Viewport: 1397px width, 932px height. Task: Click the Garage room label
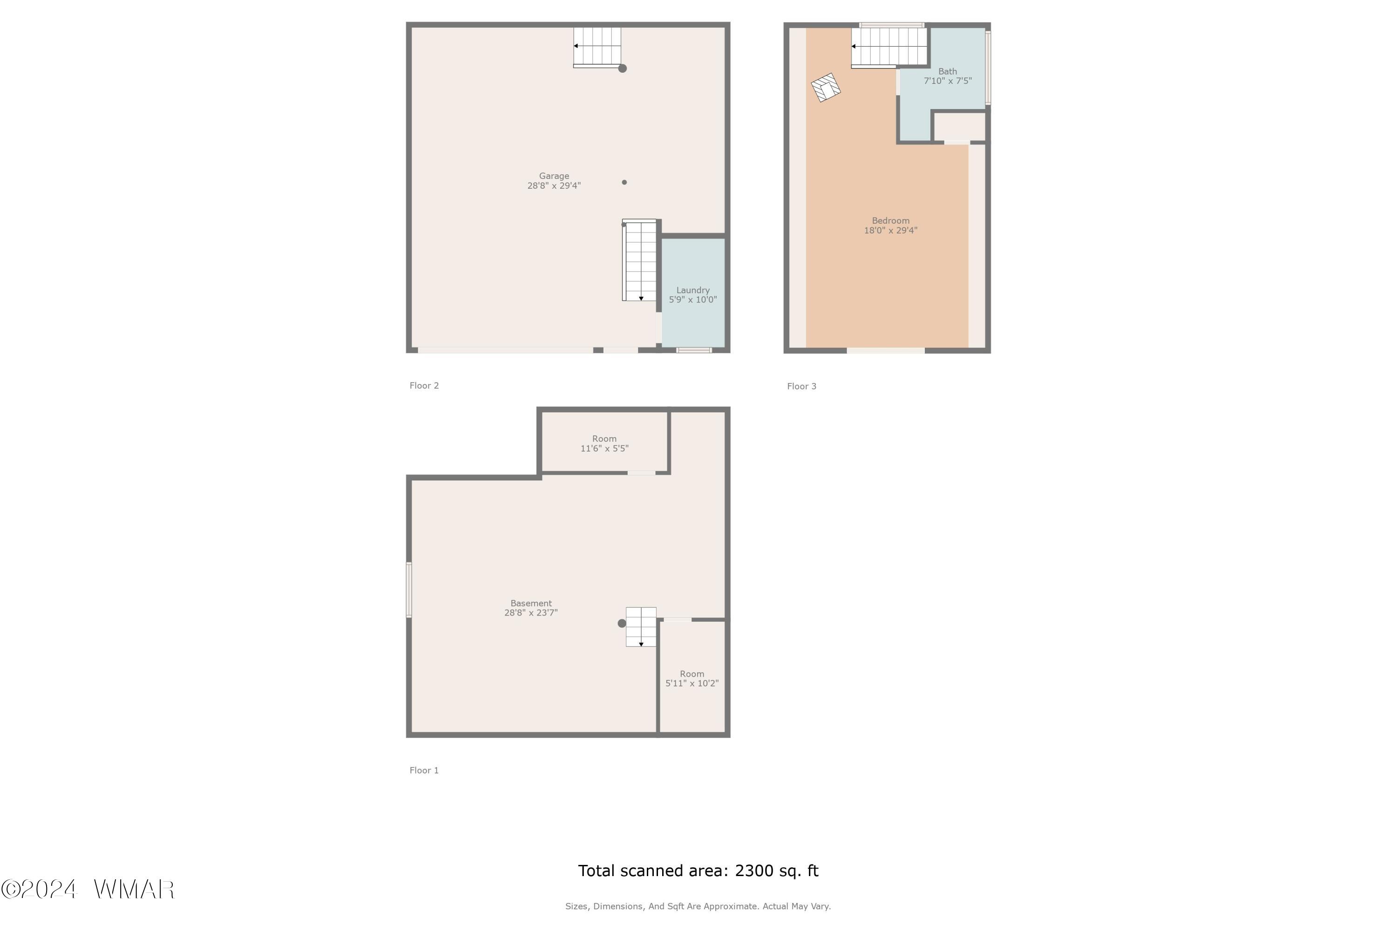pos(554,176)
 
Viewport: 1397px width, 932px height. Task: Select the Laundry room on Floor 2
pos(693,293)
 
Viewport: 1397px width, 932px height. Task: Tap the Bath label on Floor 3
pos(947,71)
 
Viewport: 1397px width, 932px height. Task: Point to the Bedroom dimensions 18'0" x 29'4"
pos(890,231)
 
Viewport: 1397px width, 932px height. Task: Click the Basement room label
pos(531,603)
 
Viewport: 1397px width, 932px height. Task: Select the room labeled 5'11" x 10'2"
pos(692,678)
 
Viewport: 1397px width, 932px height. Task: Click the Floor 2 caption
pos(424,386)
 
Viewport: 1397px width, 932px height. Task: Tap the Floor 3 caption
pos(802,386)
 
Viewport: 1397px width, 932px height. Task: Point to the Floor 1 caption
pos(424,770)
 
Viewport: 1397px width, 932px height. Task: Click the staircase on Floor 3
pos(889,47)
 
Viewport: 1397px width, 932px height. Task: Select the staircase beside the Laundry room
pos(640,260)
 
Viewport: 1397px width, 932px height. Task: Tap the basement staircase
pos(641,626)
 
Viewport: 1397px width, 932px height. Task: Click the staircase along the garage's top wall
pos(597,47)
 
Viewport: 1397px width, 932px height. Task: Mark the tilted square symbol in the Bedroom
pos(826,88)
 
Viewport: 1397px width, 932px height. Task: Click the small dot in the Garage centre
pos(624,183)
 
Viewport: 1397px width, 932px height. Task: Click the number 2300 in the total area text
pos(754,871)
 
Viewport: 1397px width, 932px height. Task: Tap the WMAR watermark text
pos(134,889)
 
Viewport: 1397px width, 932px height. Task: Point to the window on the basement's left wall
pos(409,589)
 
